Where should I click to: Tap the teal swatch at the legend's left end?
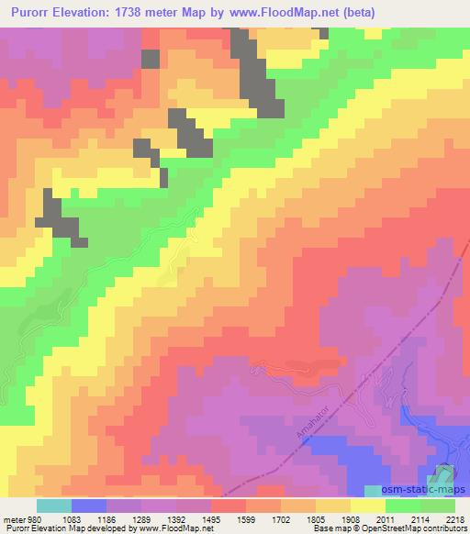(54, 506)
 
